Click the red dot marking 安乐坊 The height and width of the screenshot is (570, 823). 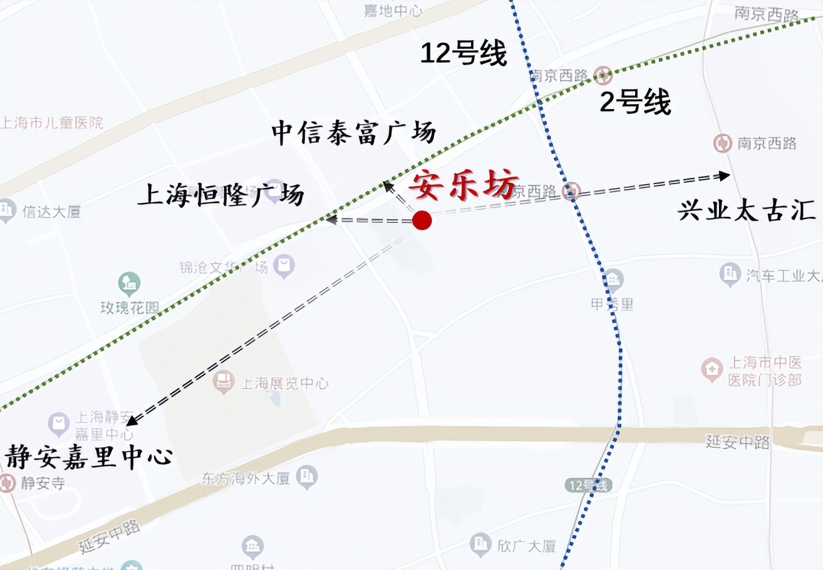click(x=422, y=220)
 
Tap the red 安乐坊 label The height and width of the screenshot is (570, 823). click(x=464, y=185)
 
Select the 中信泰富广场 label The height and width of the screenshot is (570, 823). click(x=353, y=133)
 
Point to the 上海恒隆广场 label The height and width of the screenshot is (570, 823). click(x=220, y=195)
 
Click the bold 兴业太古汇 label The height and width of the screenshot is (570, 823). click(x=747, y=211)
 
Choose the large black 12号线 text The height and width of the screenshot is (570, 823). click(x=463, y=54)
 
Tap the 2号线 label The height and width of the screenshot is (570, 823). click(x=635, y=102)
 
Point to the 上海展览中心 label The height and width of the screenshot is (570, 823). click(x=284, y=383)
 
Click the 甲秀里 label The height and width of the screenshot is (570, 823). click(x=612, y=304)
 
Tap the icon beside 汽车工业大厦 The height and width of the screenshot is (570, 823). click(x=730, y=274)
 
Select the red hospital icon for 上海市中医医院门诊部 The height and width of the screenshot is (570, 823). click(x=712, y=370)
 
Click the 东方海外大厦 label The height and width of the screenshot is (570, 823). click(x=246, y=479)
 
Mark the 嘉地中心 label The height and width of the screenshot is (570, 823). click(x=393, y=11)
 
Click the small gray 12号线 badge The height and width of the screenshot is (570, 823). click(x=587, y=484)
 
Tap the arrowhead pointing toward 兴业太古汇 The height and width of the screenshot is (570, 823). click(x=724, y=176)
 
